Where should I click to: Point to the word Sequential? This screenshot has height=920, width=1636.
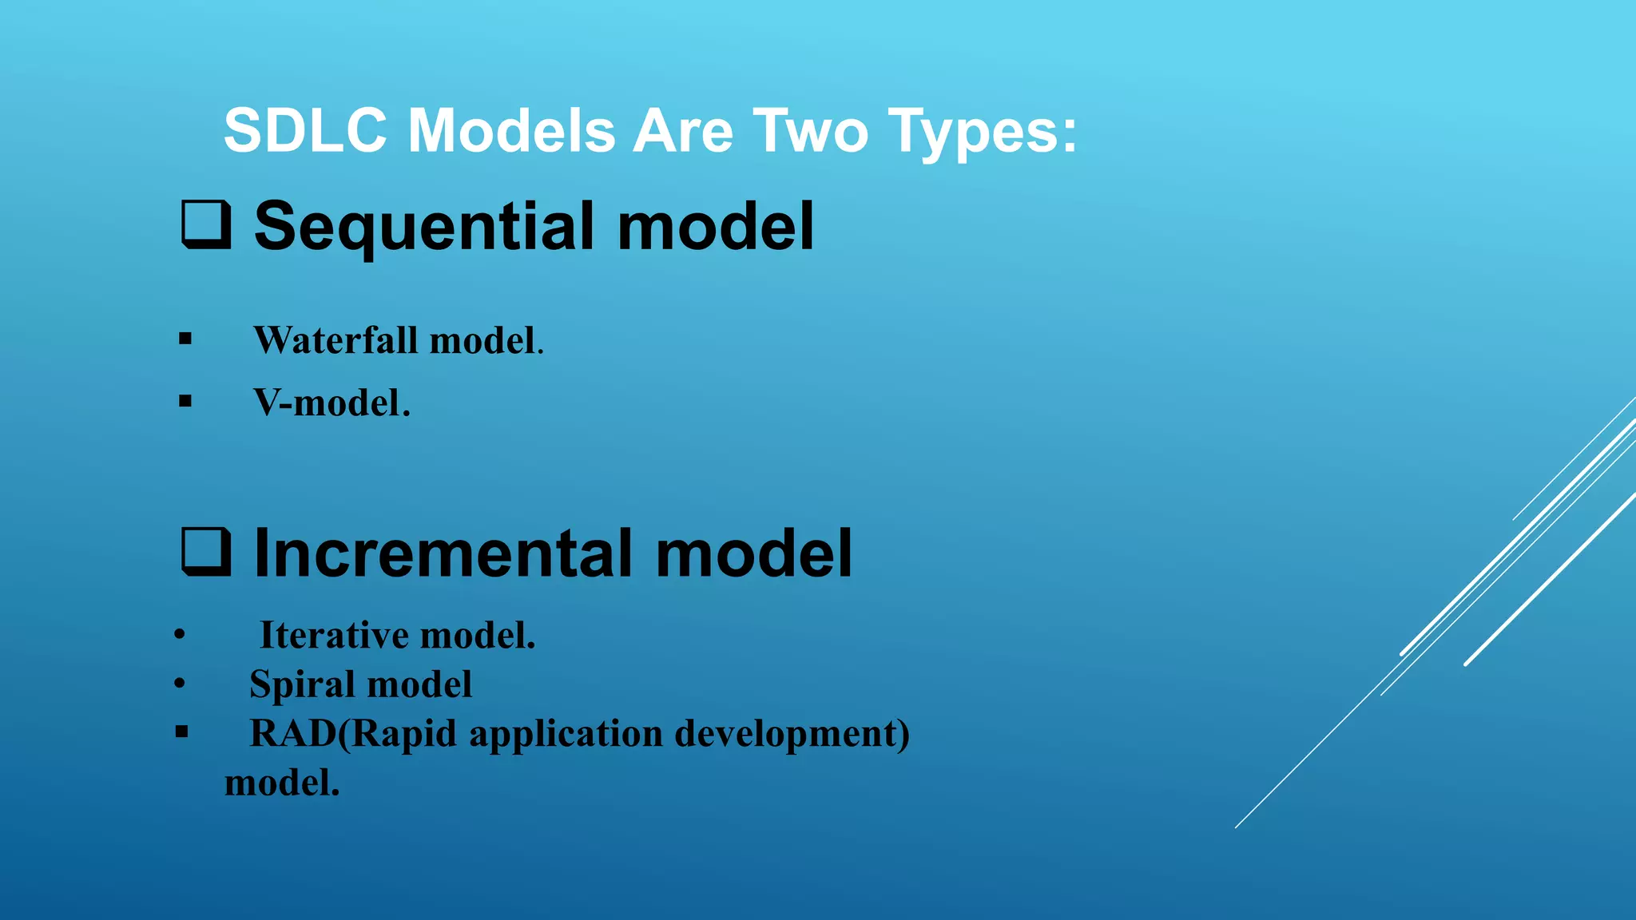[x=424, y=228]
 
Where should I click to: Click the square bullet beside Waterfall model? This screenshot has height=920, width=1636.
[x=185, y=339]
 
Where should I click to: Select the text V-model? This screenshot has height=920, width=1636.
[x=332, y=402]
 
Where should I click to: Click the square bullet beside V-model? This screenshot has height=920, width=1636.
[x=185, y=401]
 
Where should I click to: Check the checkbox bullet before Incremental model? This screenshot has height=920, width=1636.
[x=206, y=552]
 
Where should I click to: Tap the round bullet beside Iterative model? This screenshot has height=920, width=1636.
[x=180, y=636]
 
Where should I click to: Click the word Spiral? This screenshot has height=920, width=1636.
[x=302, y=685]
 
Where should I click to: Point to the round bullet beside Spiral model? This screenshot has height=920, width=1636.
[x=180, y=684]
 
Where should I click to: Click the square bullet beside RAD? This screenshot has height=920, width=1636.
[x=182, y=732]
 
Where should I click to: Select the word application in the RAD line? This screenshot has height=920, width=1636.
[x=566, y=735]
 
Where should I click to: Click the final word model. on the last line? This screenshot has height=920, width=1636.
[x=282, y=783]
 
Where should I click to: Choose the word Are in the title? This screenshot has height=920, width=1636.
[x=683, y=131]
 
